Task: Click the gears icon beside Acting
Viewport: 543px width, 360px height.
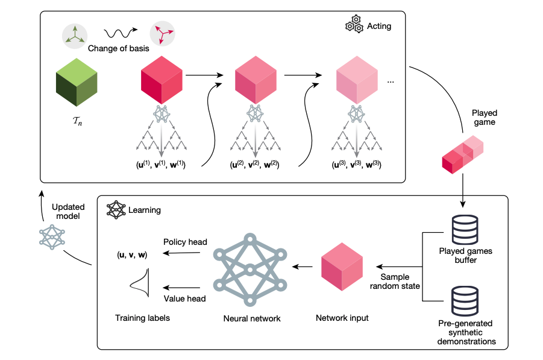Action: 353,26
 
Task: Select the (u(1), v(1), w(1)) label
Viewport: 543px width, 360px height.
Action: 161,164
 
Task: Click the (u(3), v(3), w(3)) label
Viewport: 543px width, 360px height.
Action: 357,164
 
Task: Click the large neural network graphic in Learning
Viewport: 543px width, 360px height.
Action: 248,269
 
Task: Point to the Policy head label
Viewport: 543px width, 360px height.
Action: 186,242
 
